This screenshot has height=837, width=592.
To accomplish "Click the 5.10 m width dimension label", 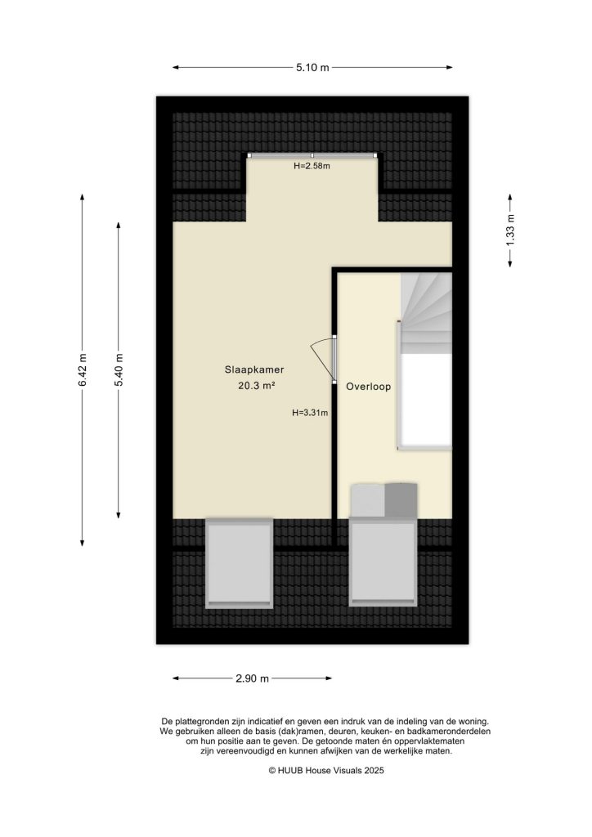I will pyautogui.click(x=312, y=68).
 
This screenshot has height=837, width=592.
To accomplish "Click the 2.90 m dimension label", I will pyautogui.click(x=253, y=678).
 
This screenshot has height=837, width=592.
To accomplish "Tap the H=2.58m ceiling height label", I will pyautogui.click(x=312, y=166).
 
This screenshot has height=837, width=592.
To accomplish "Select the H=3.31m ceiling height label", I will pyautogui.click(x=310, y=413).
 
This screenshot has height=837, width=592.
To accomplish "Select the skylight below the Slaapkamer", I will pyautogui.click(x=239, y=563).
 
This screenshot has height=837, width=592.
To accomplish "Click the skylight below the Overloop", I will pyautogui.click(x=383, y=563).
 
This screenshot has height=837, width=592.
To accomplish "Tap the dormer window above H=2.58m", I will pyautogui.click(x=312, y=155).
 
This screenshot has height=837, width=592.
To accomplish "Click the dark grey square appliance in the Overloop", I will pyautogui.click(x=401, y=498).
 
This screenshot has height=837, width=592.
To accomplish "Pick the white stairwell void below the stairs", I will pyautogui.click(x=425, y=401).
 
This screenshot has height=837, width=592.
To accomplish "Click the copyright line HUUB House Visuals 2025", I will pyautogui.click(x=326, y=771).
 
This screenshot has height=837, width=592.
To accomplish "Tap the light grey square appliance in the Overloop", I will pyautogui.click(x=367, y=498).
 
